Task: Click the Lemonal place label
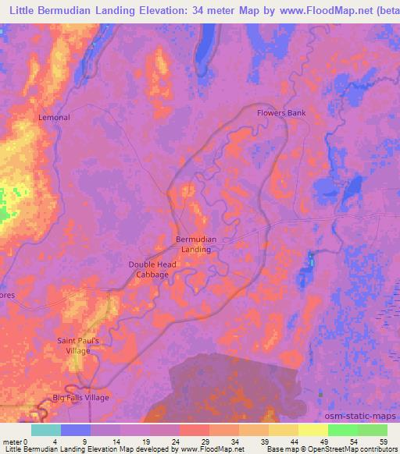[55, 118]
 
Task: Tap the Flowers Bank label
[281, 113]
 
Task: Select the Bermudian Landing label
[196, 244]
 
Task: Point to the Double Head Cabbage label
[152, 270]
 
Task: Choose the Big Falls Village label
[81, 398]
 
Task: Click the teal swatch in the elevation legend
[46, 430]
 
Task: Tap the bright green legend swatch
[343, 430]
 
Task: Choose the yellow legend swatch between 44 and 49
[313, 430]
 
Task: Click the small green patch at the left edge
[5, 204]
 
